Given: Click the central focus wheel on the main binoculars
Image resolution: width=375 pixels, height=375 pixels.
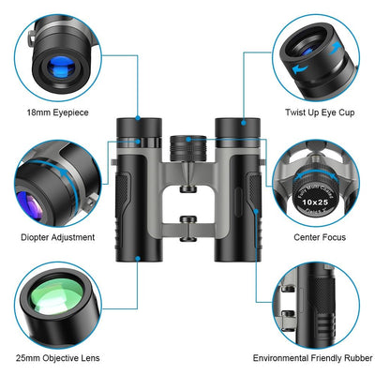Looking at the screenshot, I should pos(187,148).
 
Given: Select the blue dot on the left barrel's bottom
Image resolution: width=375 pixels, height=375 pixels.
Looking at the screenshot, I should pos(138,257).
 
